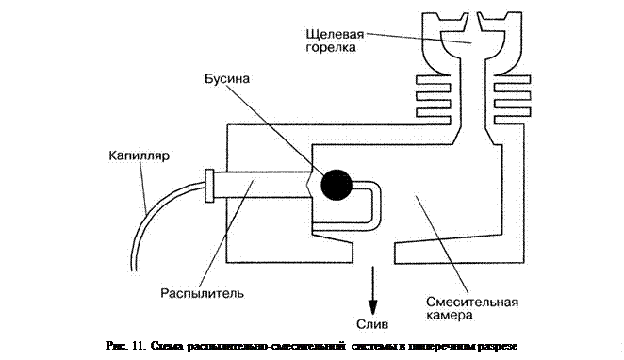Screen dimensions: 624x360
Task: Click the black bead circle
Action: (337, 185)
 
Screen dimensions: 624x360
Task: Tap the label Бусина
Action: (227, 79)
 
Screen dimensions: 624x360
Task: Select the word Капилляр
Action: (140, 155)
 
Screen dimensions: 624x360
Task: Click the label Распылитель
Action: (202, 294)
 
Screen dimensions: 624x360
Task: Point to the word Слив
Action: (372, 324)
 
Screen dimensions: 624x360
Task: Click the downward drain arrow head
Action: (372, 306)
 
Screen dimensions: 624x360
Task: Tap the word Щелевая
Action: (335, 34)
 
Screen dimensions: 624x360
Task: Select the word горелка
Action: (331, 48)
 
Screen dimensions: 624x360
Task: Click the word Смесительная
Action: (472, 302)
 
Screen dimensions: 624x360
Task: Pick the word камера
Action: (450, 316)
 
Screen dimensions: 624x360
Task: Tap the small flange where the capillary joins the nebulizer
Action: (209, 186)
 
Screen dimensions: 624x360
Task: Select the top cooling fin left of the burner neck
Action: (433, 79)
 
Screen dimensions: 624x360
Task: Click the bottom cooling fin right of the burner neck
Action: (512, 120)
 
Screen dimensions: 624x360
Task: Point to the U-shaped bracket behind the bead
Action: (376, 205)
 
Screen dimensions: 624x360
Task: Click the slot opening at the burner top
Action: (472, 20)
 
